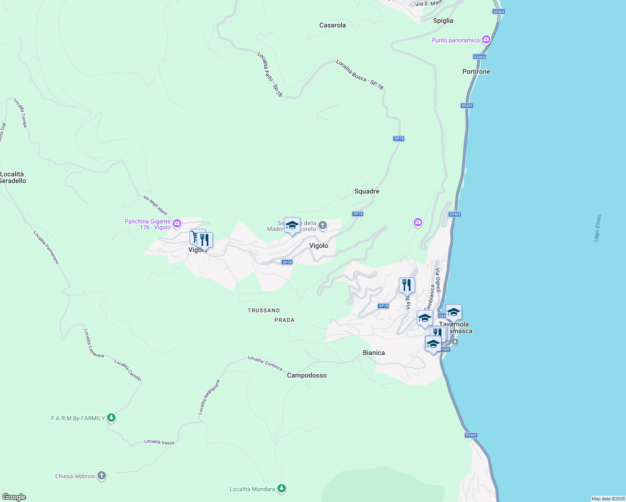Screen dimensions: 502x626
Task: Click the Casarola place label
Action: pyautogui.click(x=332, y=25)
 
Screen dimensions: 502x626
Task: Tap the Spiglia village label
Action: pyautogui.click(x=443, y=20)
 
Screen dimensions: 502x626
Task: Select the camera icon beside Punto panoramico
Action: pyautogui.click(x=486, y=40)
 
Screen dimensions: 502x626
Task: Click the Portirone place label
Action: pyautogui.click(x=476, y=72)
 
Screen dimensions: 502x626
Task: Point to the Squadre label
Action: pyautogui.click(x=367, y=191)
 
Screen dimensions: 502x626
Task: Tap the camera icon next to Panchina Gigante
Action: pyautogui.click(x=177, y=223)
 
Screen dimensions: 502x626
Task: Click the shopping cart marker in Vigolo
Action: pyautogui.click(x=195, y=237)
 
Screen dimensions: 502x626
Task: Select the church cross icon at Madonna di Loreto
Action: pyautogui.click(x=322, y=225)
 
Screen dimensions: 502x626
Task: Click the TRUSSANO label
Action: pyautogui.click(x=264, y=310)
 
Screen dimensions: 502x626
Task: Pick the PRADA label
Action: pyautogui.click(x=285, y=320)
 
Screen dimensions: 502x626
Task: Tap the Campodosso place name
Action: pyautogui.click(x=307, y=375)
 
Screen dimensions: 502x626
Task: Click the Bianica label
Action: pyautogui.click(x=374, y=353)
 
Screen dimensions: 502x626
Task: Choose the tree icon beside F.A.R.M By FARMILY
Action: pyautogui.click(x=111, y=417)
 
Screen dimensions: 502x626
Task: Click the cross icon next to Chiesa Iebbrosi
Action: pyautogui.click(x=102, y=476)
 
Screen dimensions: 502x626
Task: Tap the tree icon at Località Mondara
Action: pyautogui.click(x=282, y=488)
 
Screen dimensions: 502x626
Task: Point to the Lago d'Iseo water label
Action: pyautogui.click(x=597, y=228)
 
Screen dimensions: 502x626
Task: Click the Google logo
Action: pyautogui.click(x=14, y=497)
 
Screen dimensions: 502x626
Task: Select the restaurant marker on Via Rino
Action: pyautogui.click(x=407, y=285)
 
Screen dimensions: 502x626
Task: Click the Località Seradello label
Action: pyautogui.click(x=13, y=177)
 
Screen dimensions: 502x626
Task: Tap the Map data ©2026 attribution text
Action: pyautogui.click(x=608, y=499)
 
